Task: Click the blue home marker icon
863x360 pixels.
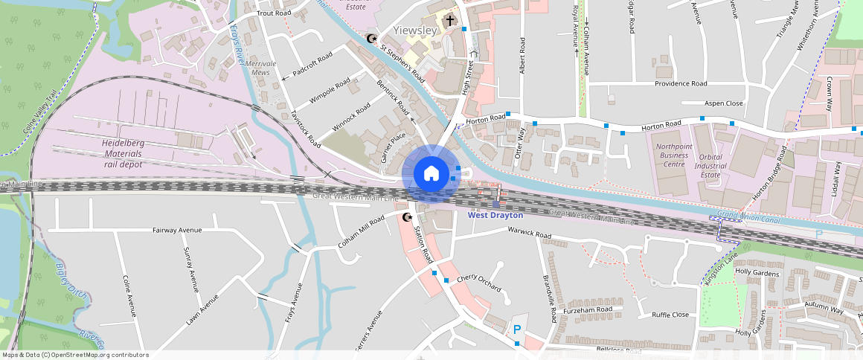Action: (431, 174)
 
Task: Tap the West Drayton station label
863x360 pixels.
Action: (495, 215)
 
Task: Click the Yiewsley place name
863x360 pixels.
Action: (414, 30)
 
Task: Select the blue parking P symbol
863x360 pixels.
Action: (517, 328)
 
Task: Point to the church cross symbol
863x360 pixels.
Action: (449, 19)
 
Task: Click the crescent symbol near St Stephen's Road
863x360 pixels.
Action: (372, 39)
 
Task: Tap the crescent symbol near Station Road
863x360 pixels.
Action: (406, 218)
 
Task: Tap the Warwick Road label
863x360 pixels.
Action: (529, 236)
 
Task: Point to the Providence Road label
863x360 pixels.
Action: (680, 84)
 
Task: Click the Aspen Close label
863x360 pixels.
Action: (723, 103)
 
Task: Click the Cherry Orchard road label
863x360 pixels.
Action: (479, 283)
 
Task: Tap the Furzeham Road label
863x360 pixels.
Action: (588, 309)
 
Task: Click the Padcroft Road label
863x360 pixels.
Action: (312, 65)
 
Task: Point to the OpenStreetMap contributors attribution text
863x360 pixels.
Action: (74, 355)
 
